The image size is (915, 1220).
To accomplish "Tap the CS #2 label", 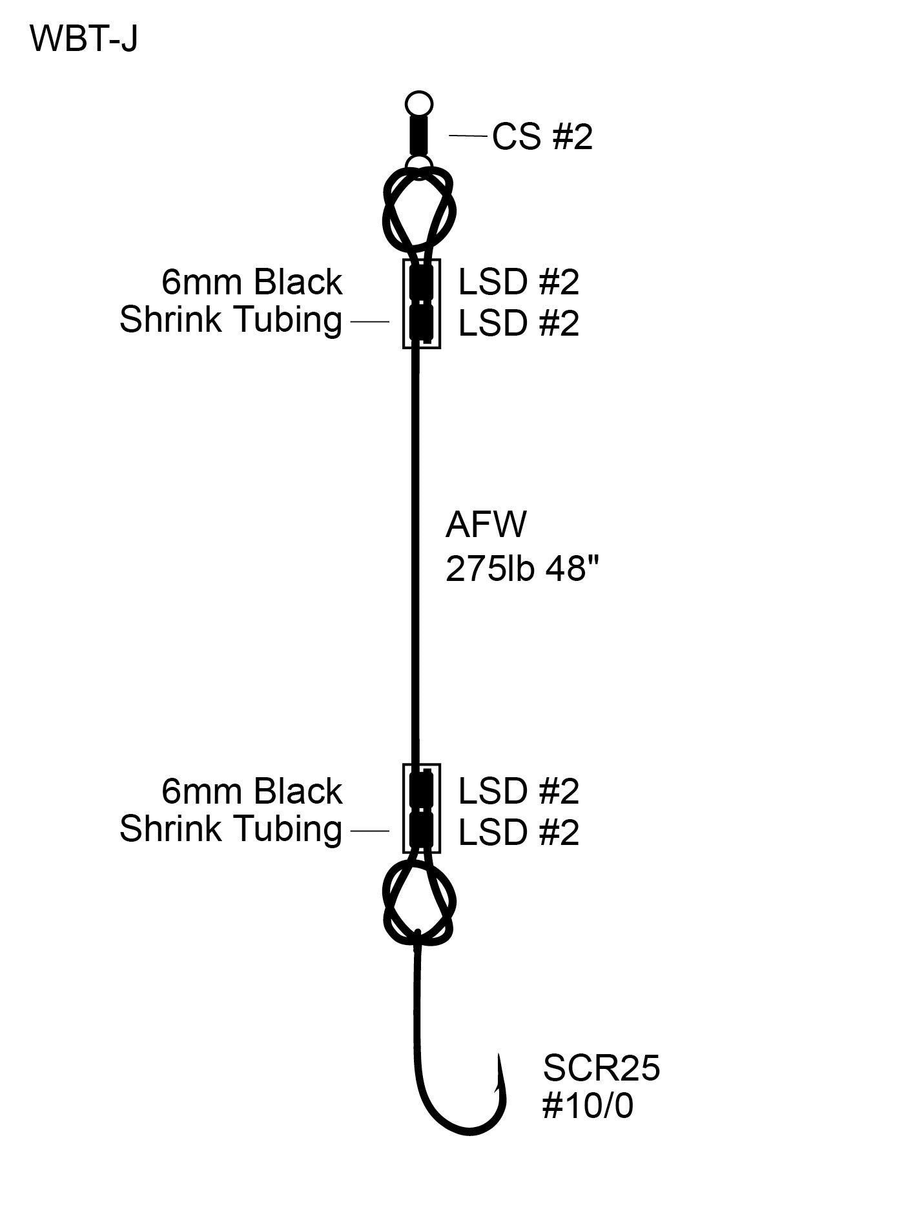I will (542, 137).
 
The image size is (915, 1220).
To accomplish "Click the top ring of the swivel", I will (418, 104).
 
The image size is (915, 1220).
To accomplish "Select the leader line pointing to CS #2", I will (468, 136).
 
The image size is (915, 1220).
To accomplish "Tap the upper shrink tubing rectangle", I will (422, 303).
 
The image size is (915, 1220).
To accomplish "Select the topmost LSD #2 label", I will (519, 282).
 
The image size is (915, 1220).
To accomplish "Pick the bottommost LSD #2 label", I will (519, 833).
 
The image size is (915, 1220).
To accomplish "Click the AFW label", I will (486, 524).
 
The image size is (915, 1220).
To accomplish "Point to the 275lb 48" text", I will (522, 569).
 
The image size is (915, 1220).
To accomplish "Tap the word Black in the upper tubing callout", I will (298, 282).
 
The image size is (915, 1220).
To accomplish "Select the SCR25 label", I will (601, 1068).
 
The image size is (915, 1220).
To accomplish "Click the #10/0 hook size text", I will (588, 1106).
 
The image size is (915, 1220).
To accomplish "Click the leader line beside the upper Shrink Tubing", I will (369, 321).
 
